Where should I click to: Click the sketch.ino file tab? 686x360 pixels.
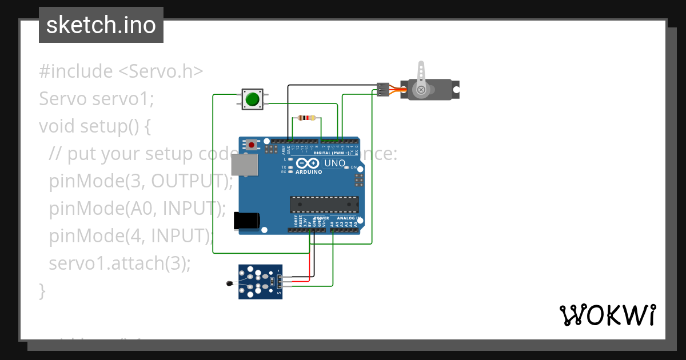[x=101, y=25]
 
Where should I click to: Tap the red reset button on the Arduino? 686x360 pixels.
[x=251, y=146]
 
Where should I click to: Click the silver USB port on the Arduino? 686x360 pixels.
[x=244, y=165]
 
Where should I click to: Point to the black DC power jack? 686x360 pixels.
[x=247, y=221]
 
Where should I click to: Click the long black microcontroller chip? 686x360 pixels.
[x=324, y=204]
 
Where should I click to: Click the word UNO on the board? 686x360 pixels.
[x=335, y=163]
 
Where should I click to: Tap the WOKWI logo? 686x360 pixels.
[x=608, y=315]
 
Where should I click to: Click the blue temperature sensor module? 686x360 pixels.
[x=260, y=282]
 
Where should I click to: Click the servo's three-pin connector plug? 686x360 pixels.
[x=383, y=90]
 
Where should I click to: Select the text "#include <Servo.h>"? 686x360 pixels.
[x=121, y=71]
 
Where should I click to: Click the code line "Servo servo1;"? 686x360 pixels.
[x=97, y=99]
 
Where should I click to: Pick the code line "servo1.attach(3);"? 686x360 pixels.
[x=119, y=263]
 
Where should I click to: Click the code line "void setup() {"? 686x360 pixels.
[x=94, y=126]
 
